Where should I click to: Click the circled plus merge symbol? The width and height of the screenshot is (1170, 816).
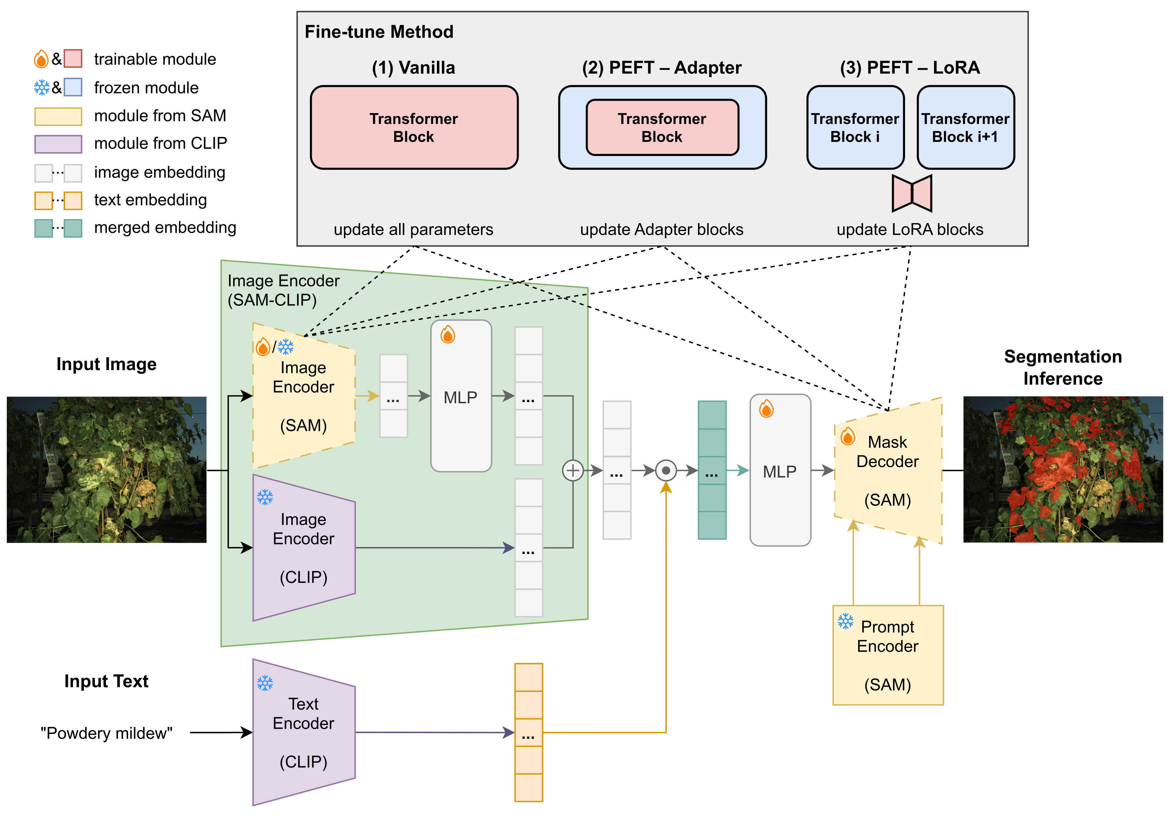pos(573,470)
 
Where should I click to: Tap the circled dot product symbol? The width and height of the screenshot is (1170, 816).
pos(665,470)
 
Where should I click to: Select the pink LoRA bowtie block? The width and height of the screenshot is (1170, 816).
pos(912,193)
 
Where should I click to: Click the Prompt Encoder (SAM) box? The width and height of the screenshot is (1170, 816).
pos(888,655)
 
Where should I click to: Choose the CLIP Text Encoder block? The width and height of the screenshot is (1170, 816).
pos(304,733)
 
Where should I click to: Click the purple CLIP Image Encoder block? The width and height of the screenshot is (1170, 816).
pos(304,547)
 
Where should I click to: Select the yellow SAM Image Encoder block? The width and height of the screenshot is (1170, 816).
pos(304,396)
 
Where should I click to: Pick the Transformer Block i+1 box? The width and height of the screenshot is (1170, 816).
pos(965,127)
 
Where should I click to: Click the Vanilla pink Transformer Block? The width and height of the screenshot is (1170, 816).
pos(414,127)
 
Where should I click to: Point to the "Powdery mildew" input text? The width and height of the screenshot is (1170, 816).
pos(107,733)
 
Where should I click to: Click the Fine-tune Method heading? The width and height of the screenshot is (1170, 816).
pos(379,32)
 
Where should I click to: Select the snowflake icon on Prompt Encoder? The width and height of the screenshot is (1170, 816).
pos(845,621)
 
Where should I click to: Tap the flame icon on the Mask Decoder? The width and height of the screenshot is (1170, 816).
pos(847,436)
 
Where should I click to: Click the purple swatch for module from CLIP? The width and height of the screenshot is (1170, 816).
pos(58,144)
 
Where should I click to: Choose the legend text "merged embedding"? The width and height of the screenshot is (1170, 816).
pos(165,227)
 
